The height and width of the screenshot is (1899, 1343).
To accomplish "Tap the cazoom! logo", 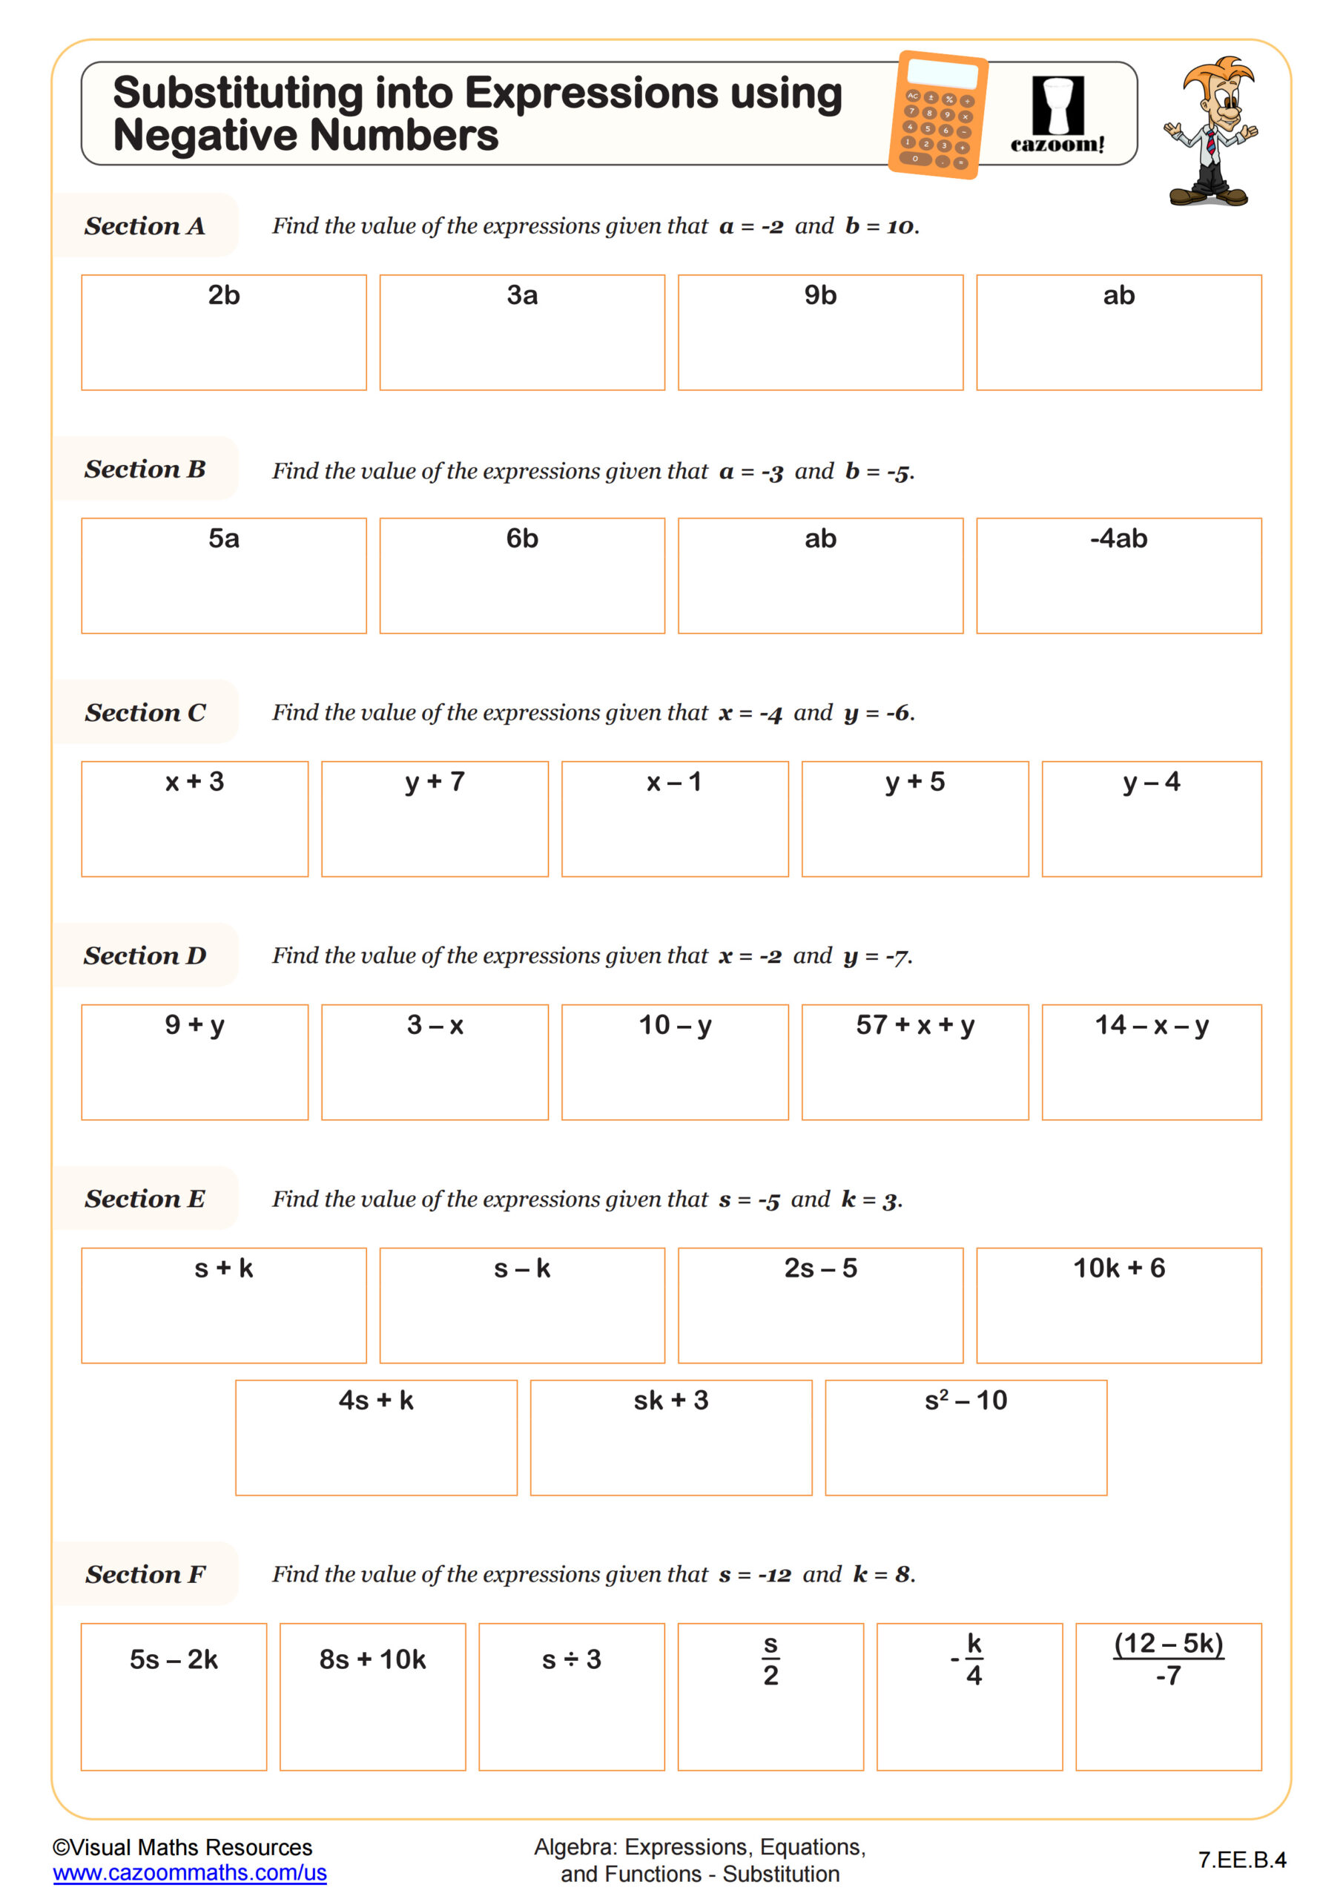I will (1057, 116).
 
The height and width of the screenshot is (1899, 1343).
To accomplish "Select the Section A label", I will (145, 226).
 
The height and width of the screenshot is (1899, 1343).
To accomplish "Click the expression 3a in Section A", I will (522, 295).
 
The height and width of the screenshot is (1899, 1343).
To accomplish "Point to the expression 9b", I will (820, 295).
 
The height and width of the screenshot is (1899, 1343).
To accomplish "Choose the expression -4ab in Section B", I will (1118, 539).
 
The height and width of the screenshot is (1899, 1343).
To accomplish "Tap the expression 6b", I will (522, 539).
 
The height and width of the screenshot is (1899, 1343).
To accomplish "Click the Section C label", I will (145, 712).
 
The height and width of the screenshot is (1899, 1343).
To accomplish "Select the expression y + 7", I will (435, 782).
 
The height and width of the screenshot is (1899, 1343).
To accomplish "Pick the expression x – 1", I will (674, 782).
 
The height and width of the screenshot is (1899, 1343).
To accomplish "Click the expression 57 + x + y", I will (914, 1024).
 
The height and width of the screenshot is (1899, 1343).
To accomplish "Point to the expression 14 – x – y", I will (1151, 1024).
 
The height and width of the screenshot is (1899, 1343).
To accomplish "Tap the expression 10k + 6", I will (1118, 1268).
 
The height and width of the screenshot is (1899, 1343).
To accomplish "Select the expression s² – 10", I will (965, 1401).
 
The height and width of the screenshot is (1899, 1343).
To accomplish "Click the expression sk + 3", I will (670, 1401).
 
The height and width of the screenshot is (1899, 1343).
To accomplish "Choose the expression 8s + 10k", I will (372, 1659).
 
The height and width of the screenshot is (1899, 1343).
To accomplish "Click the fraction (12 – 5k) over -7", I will (1168, 1659).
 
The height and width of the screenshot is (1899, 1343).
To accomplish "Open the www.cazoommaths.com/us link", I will (189, 1872).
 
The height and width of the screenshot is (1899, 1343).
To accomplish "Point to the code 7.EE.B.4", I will (1241, 1860).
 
